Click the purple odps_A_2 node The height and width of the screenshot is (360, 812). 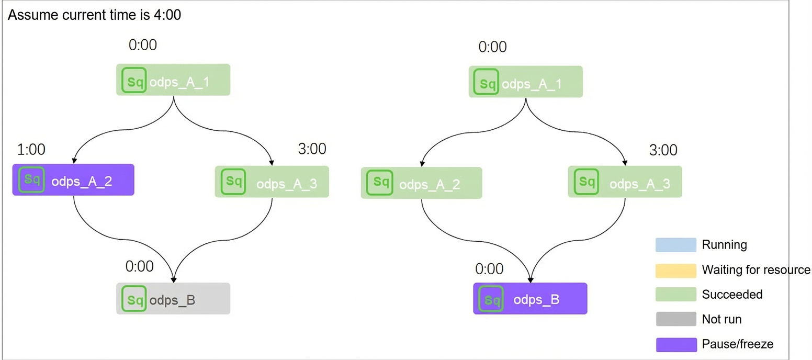pyautogui.click(x=73, y=180)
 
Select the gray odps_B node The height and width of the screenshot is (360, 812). pyautogui.click(x=173, y=298)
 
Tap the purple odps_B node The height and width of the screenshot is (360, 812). pyautogui.click(x=530, y=298)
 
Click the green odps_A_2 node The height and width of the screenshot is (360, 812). pyautogui.click(x=421, y=183)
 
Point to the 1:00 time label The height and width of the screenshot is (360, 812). pyautogui.click(x=31, y=149)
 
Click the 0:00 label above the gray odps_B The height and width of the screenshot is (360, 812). pyautogui.click(x=140, y=266)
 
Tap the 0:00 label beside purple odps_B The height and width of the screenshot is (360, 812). pyautogui.click(x=489, y=269)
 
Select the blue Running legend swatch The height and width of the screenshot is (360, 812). pyautogui.click(x=675, y=245)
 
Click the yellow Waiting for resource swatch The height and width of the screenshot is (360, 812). pyautogui.click(x=675, y=271)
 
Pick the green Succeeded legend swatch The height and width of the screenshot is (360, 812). pyautogui.click(x=675, y=294)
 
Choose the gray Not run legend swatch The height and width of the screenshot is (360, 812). pyautogui.click(x=675, y=319)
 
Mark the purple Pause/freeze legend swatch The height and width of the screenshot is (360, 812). pyautogui.click(x=676, y=344)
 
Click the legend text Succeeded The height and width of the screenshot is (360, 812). pyautogui.click(x=732, y=295)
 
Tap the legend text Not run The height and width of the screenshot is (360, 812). pyautogui.click(x=721, y=319)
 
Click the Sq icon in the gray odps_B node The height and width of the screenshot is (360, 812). pyautogui.click(x=134, y=299)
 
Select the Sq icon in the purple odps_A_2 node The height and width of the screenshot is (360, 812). pyautogui.click(x=31, y=179)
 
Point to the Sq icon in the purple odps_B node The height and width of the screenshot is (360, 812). pyautogui.click(x=491, y=299)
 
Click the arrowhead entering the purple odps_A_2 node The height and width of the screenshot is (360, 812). pyautogui.click(x=74, y=161)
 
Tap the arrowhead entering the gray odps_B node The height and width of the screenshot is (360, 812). pyautogui.click(x=174, y=280)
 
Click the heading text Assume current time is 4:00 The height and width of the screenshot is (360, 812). pyautogui.click(x=94, y=15)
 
